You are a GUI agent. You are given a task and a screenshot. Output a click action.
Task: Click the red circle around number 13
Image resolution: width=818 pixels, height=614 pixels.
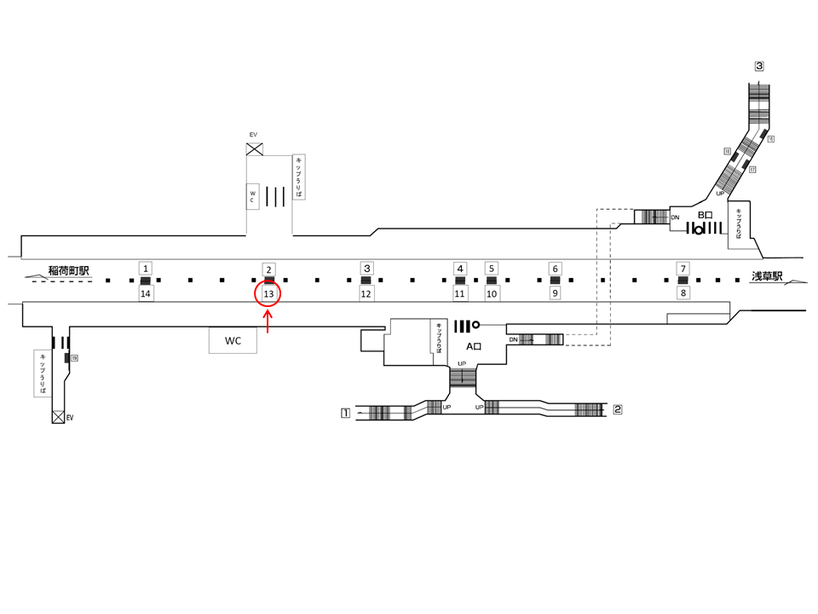(x=268, y=294)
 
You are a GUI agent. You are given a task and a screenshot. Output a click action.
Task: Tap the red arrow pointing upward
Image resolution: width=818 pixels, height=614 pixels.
(x=268, y=321)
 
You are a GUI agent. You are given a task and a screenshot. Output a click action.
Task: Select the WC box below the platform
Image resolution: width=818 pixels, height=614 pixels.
(x=233, y=341)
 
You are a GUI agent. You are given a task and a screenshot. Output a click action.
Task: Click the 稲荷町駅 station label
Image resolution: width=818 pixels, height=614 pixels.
(x=69, y=271)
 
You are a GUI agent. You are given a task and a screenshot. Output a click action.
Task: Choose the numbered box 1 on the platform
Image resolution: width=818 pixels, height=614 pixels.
(x=146, y=269)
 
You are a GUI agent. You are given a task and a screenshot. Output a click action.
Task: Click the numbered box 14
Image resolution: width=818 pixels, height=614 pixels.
(x=146, y=294)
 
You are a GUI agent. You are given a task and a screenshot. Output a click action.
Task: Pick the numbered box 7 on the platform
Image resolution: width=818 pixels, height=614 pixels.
(x=683, y=269)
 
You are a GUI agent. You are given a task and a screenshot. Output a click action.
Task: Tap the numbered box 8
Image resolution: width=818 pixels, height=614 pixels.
(x=683, y=293)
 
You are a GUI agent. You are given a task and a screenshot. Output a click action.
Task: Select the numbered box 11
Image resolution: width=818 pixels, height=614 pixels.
(x=460, y=294)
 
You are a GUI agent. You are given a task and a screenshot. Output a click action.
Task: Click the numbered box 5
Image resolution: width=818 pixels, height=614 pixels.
(x=491, y=269)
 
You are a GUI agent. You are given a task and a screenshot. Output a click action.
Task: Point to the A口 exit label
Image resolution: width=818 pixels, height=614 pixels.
(x=475, y=347)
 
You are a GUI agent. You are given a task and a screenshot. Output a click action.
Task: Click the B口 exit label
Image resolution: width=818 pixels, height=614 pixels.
(x=705, y=215)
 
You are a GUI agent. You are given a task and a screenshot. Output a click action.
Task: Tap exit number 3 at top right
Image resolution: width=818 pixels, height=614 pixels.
(x=758, y=66)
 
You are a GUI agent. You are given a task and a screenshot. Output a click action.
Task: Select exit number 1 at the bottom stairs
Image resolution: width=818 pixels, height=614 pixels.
(x=345, y=414)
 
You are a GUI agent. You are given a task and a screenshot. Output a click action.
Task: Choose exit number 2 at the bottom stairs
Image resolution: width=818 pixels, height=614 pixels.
(x=617, y=409)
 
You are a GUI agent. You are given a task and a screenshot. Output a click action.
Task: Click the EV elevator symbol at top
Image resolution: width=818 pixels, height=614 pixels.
(x=254, y=149)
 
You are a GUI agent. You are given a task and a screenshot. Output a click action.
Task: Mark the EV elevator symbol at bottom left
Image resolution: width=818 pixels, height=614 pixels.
(x=58, y=418)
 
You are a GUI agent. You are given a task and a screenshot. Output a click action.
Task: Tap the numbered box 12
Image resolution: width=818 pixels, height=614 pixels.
(x=366, y=294)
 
